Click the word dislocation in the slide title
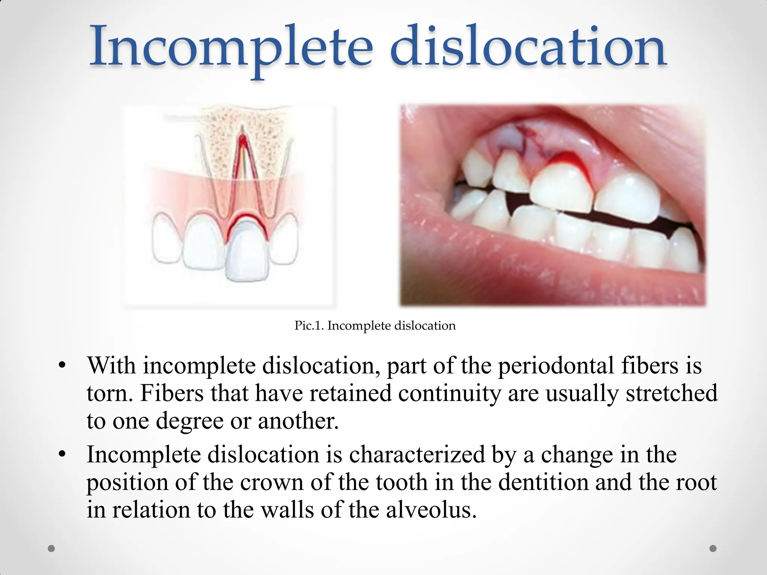pyautogui.click(x=528, y=47)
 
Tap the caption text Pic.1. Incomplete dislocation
pyautogui.click(x=375, y=326)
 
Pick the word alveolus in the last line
pyautogui.click(x=431, y=509)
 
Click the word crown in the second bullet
pyautogui.click(x=272, y=482)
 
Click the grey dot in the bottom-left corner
pyautogui.click(x=52, y=548)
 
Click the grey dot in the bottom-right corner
pyautogui.click(x=713, y=548)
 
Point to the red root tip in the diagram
pyautogui.click(x=242, y=140)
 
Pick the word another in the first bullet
pyautogui.click(x=298, y=421)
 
